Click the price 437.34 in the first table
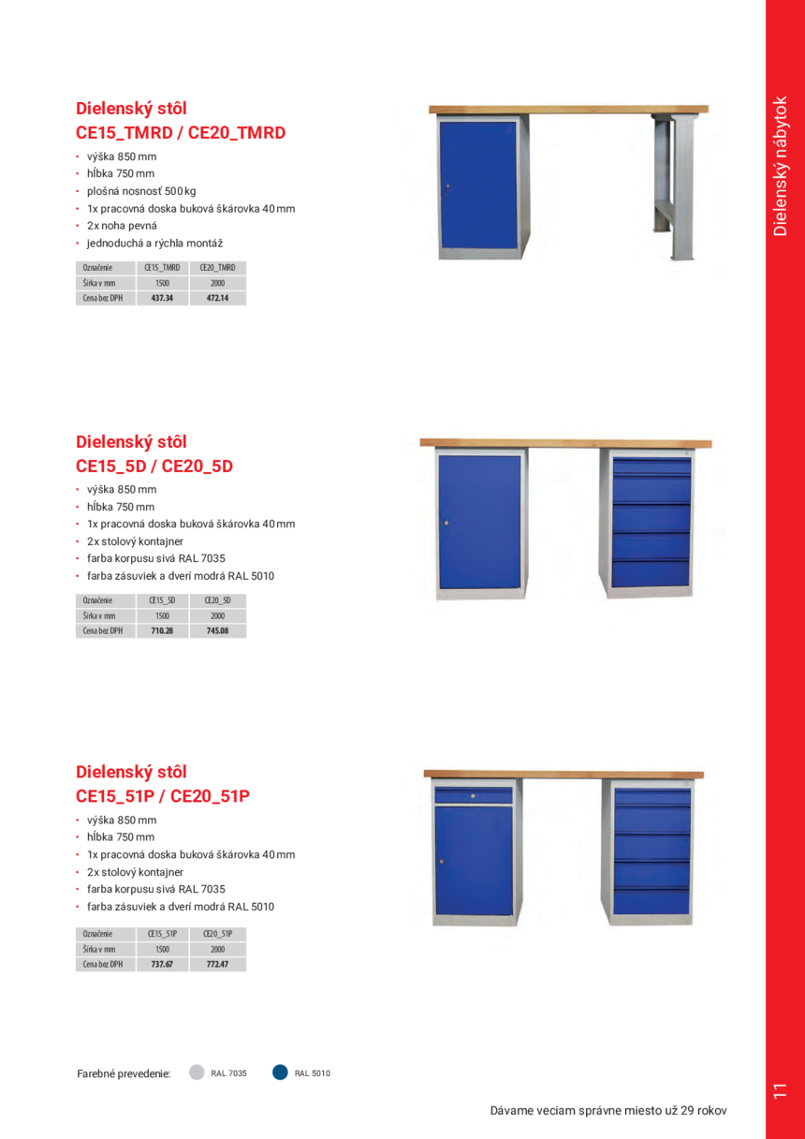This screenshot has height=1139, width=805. coord(162,299)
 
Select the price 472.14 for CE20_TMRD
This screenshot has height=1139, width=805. coord(217,299)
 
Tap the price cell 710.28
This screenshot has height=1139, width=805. coord(162,631)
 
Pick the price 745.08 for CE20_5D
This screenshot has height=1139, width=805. coord(217,631)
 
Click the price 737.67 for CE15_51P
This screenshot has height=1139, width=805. coord(162,964)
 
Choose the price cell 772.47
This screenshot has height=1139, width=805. coord(217,964)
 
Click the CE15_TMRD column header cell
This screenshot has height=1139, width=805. coord(162,267)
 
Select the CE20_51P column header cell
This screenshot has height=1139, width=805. coord(217,934)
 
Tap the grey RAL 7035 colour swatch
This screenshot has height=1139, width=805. coord(197,1072)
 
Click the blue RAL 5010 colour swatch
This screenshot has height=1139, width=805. coord(280,1072)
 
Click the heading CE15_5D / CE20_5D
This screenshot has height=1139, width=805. coord(154,466)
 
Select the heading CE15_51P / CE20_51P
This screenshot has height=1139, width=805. coord(163,796)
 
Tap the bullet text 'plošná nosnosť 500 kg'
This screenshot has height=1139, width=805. coord(141,191)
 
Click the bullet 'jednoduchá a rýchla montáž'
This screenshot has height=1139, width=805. coord(154,244)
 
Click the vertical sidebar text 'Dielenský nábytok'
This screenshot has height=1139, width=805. coord(782,166)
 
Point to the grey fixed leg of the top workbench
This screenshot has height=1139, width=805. coord(682,187)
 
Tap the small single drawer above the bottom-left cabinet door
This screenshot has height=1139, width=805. coord(474,796)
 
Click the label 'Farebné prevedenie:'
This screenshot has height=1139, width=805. coord(124,1074)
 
